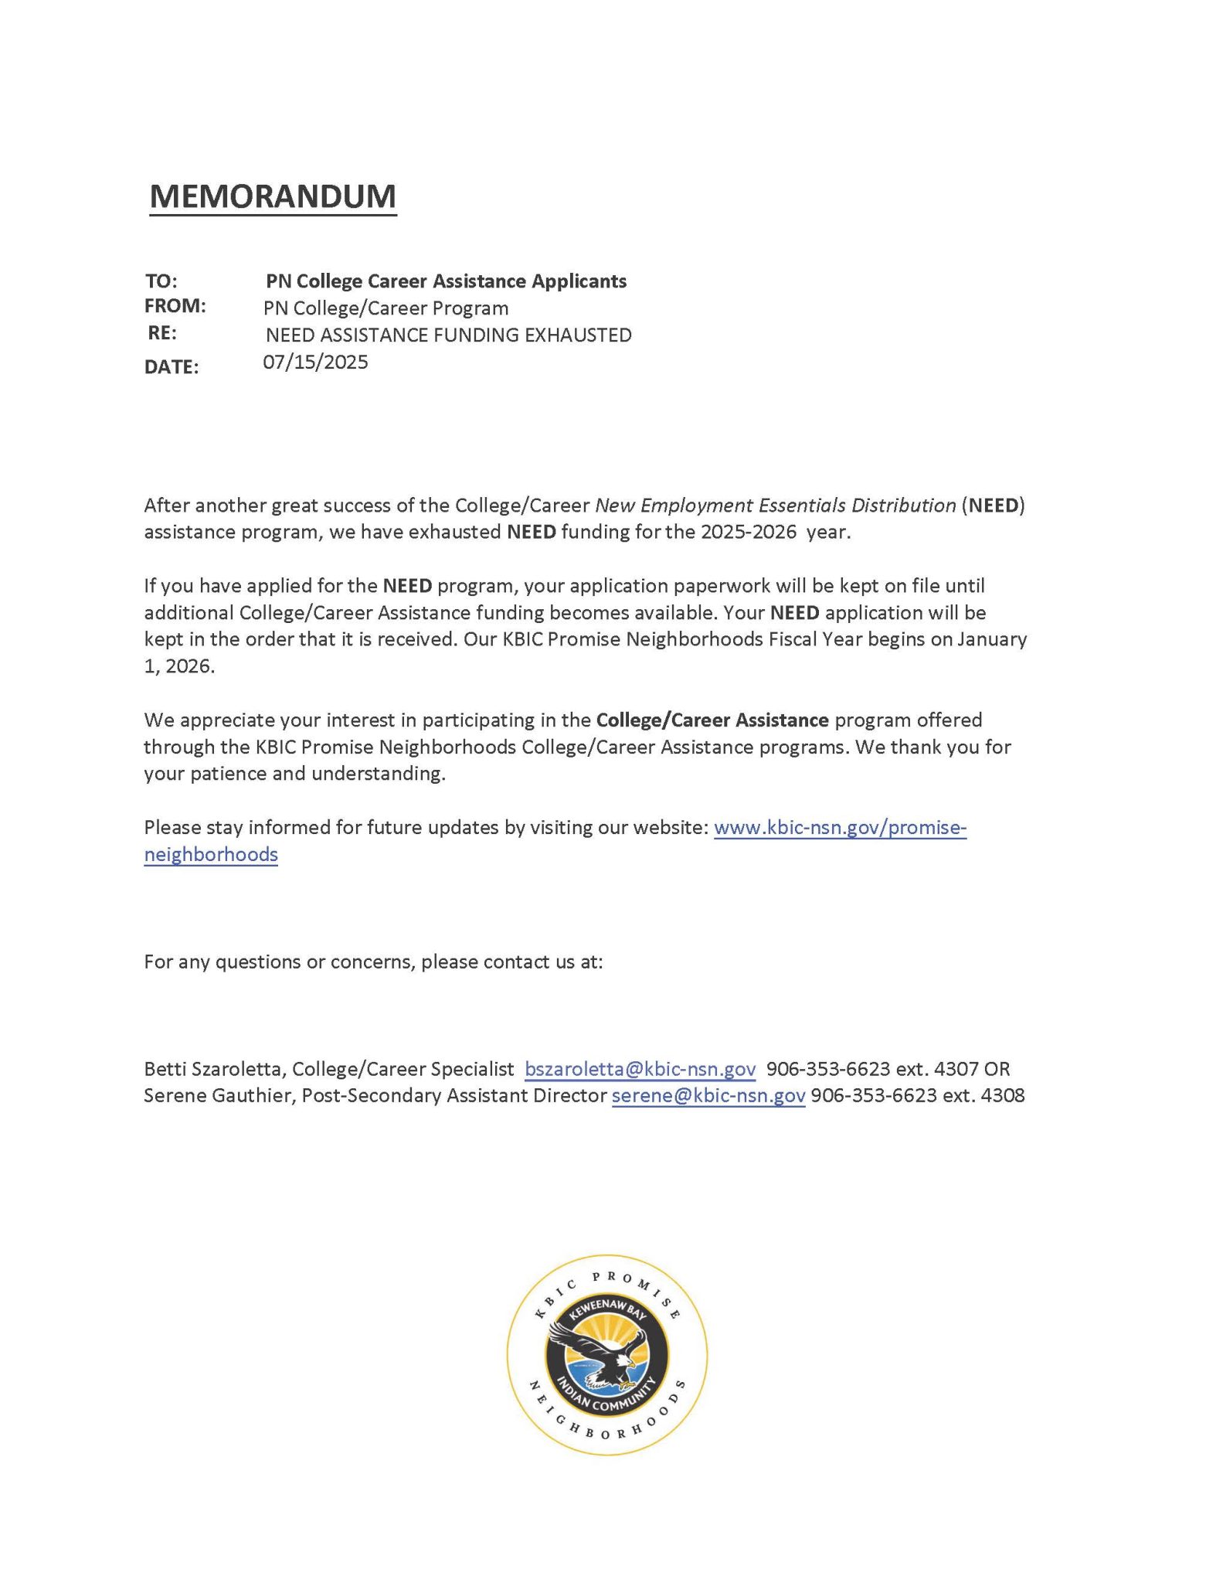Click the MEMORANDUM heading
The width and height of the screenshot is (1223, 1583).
click(273, 196)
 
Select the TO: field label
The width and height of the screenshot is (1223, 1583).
click(161, 281)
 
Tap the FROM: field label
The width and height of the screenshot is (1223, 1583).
click(175, 306)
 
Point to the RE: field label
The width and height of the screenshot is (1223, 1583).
click(162, 333)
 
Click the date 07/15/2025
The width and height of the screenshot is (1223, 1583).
click(315, 362)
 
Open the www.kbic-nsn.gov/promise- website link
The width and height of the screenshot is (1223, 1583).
click(840, 828)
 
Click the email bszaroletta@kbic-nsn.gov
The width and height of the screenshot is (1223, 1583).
click(640, 1069)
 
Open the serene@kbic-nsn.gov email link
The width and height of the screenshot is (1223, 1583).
click(708, 1096)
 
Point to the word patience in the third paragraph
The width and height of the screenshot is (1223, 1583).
click(205, 774)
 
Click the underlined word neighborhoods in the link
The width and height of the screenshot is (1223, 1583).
click(211, 855)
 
